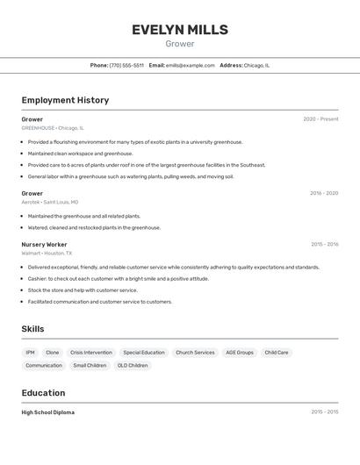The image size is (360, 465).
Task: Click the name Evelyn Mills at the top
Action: (x=180, y=30)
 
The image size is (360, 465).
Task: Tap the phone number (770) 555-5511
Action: (x=126, y=65)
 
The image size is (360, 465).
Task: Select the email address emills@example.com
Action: (x=190, y=65)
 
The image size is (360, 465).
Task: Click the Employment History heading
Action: (x=65, y=100)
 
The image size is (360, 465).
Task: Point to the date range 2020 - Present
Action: (x=320, y=119)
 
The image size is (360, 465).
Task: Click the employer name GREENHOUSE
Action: (x=38, y=128)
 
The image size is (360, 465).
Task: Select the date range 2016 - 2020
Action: (x=324, y=193)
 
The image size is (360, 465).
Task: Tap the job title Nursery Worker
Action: (x=44, y=245)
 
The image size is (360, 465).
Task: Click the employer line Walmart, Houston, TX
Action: (x=47, y=254)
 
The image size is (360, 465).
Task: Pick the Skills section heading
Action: (x=33, y=329)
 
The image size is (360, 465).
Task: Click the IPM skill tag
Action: (x=31, y=353)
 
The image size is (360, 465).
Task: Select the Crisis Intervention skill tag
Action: (x=91, y=353)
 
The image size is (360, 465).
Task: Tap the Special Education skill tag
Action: (x=144, y=353)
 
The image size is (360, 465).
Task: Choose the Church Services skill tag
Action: (x=195, y=353)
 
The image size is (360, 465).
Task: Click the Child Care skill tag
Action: (x=277, y=353)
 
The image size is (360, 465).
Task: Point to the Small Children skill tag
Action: (x=90, y=366)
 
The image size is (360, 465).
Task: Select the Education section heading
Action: (x=43, y=393)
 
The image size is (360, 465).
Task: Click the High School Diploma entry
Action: (x=48, y=412)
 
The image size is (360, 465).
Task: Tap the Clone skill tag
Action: (x=53, y=353)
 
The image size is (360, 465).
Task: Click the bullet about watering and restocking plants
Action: (x=94, y=227)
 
